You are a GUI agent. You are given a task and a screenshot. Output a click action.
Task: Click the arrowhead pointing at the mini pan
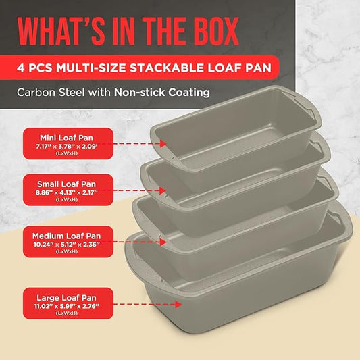162,143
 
